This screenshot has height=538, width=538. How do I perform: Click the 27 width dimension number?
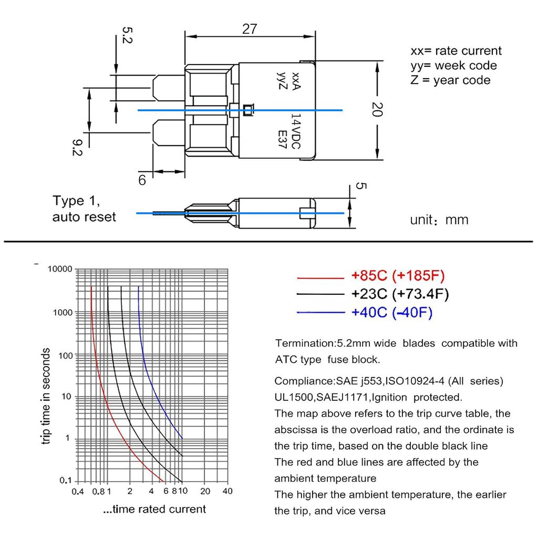tap(250, 29)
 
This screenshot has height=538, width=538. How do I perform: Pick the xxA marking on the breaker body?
tap(295, 81)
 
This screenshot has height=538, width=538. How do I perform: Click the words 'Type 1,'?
tap(76, 201)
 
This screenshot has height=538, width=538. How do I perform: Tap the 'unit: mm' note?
tap(439, 220)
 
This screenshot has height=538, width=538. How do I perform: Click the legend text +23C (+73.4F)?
tap(400, 294)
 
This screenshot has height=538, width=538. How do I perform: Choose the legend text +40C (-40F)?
tap(392, 313)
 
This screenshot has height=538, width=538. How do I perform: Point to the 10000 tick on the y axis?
tap(59, 269)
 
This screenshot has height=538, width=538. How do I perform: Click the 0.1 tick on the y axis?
tap(65, 481)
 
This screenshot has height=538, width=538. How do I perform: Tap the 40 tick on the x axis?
tap(227, 492)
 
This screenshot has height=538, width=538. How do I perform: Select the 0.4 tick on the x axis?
tap(78, 492)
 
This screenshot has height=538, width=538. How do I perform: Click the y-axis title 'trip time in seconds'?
tap(46, 396)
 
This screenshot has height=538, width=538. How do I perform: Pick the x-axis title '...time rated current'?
tap(154, 509)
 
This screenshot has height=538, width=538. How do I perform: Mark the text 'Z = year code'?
tap(450, 80)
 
